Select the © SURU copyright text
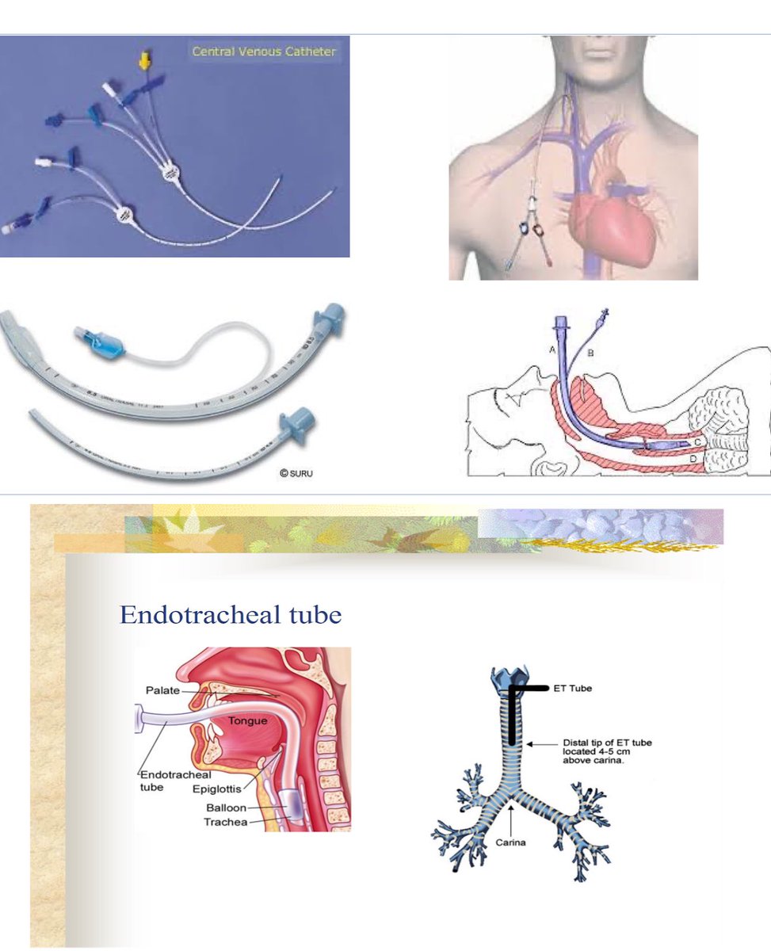[x=299, y=474]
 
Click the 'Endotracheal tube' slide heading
[x=230, y=615]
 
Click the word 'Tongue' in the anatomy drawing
[x=248, y=721]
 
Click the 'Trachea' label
[x=225, y=823]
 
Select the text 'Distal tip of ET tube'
[x=607, y=743]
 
